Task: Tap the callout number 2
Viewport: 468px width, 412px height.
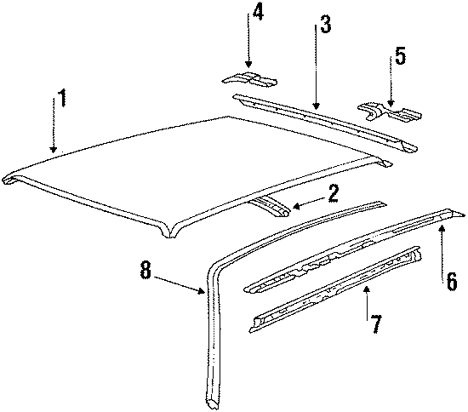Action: (x=333, y=194)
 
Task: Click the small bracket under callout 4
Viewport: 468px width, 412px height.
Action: (x=249, y=79)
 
